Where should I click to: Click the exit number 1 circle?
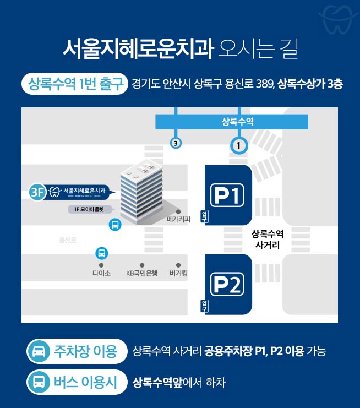[x=239, y=145]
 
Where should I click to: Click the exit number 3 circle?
[x=176, y=143]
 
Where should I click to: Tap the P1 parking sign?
[x=227, y=195]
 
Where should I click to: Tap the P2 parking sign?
[x=227, y=284]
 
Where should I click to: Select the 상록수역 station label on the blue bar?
[x=238, y=122]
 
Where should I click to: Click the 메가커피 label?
[x=178, y=219]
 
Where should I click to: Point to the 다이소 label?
[x=101, y=273]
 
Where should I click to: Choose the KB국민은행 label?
[x=142, y=273]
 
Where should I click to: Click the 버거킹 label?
[x=178, y=273]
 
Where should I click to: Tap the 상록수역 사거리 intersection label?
[x=268, y=240]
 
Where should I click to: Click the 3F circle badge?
[x=37, y=192]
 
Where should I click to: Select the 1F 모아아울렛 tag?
[x=90, y=209]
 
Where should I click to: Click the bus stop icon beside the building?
[x=115, y=224]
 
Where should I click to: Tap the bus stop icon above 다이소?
[x=101, y=253]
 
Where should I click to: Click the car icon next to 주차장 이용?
[x=39, y=351]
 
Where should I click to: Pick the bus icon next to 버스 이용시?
[x=39, y=382]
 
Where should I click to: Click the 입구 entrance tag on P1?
[x=204, y=217]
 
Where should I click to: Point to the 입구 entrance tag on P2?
[x=204, y=306]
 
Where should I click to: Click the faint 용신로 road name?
[x=68, y=240]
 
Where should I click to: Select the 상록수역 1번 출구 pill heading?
[x=75, y=84]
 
